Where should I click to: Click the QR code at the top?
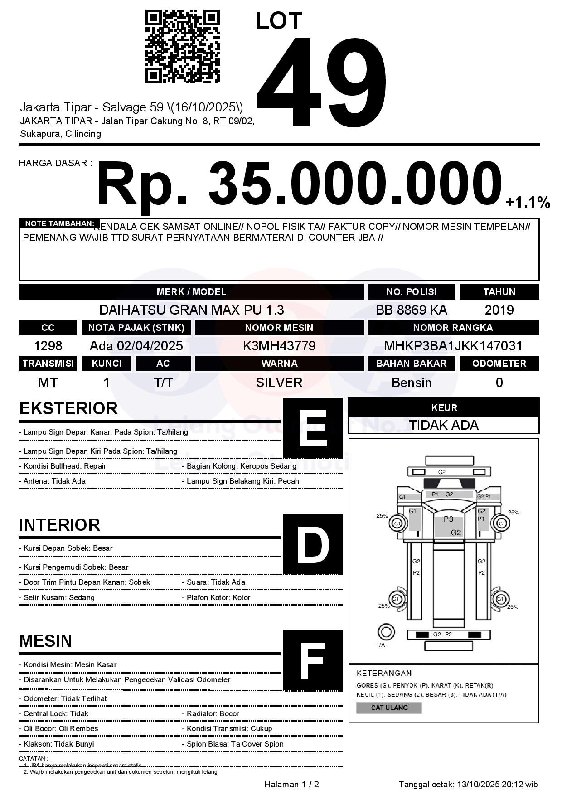(x=182, y=47)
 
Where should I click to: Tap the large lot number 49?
(x=322, y=82)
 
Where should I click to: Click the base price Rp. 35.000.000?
(x=299, y=184)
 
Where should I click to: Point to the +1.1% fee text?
(x=528, y=202)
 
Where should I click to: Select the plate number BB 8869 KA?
(x=411, y=310)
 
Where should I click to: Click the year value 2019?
(x=499, y=310)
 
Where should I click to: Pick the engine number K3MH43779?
(x=279, y=346)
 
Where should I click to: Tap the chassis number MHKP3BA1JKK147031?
(x=453, y=346)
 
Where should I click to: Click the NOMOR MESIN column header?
(x=279, y=327)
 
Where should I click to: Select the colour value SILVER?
(x=279, y=383)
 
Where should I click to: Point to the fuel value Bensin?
(x=411, y=383)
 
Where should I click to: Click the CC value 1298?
(x=48, y=346)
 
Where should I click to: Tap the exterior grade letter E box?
(x=313, y=428)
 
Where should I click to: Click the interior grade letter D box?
(x=313, y=544)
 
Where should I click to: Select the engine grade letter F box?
(x=313, y=660)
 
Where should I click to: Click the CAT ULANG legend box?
(x=389, y=708)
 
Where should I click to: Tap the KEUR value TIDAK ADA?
(x=444, y=425)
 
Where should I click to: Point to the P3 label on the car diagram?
(x=448, y=519)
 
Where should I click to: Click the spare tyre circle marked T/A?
(x=386, y=632)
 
